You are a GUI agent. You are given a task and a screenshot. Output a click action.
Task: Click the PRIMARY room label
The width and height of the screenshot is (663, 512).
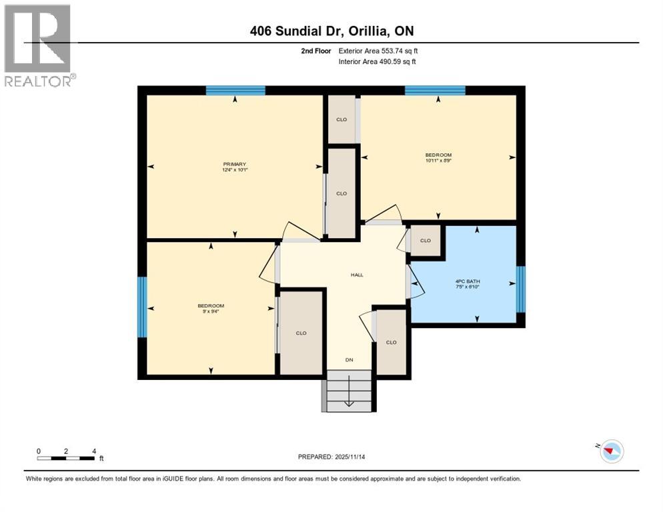click(235, 164)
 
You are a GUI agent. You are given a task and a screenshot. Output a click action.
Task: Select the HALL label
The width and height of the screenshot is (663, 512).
click(357, 275)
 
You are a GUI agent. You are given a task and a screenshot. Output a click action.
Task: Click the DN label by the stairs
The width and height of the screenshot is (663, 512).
click(348, 360)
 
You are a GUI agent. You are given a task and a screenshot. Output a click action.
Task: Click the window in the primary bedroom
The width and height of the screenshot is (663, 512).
click(235, 91)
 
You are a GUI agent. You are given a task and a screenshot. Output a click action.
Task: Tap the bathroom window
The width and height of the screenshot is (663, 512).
click(521, 289)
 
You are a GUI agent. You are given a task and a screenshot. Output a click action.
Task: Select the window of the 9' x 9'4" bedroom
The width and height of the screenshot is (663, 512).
click(141, 307)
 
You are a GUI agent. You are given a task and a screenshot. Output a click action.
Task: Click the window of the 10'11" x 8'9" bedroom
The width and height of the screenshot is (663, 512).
click(435, 91)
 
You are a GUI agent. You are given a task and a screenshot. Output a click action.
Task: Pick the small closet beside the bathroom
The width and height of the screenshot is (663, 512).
click(425, 241)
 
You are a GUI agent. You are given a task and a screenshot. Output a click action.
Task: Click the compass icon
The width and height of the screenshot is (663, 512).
click(610, 451)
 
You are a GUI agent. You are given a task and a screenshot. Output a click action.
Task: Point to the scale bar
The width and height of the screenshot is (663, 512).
click(66, 457)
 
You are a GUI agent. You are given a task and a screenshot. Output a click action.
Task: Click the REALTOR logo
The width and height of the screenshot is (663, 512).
click(38, 46)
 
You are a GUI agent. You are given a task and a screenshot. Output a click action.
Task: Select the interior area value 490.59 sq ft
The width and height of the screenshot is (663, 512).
click(398, 62)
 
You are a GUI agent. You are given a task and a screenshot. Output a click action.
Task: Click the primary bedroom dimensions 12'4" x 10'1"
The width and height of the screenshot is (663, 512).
click(235, 170)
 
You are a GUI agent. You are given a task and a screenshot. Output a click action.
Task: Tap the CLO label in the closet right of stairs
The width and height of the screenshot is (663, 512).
click(392, 342)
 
